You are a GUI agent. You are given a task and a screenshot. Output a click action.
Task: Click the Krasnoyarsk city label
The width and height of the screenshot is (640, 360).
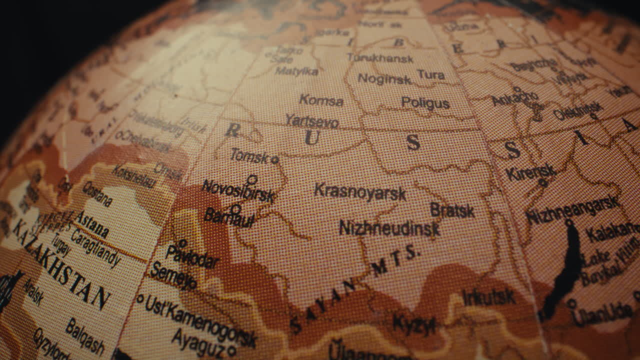pyautogui.click(x=359, y=192)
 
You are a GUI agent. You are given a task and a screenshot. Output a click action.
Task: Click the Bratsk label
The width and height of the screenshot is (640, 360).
pyautogui.click(x=452, y=210)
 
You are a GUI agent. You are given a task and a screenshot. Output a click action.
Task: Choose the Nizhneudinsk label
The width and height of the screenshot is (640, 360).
pyautogui.click(x=389, y=228)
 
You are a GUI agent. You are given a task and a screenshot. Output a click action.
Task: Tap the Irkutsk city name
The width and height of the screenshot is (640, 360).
pyautogui.click(x=488, y=297)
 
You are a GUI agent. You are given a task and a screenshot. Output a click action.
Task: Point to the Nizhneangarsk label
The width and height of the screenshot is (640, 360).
pyautogui.click(x=572, y=210)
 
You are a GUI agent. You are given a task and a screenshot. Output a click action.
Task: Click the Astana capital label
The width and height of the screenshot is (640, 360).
pyautogui.click(x=92, y=223)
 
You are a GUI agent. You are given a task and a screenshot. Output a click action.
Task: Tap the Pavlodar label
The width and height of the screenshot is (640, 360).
pyautogui.click(x=192, y=256)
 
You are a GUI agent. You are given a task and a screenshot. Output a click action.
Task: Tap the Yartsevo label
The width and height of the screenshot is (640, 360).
pyautogui.click(x=312, y=121)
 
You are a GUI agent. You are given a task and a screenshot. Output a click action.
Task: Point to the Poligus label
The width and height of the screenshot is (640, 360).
pyautogui.click(x=425, y=103)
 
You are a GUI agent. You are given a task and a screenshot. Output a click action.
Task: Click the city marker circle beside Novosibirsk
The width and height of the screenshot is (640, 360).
pyautogui.click(x=252, y=179)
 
